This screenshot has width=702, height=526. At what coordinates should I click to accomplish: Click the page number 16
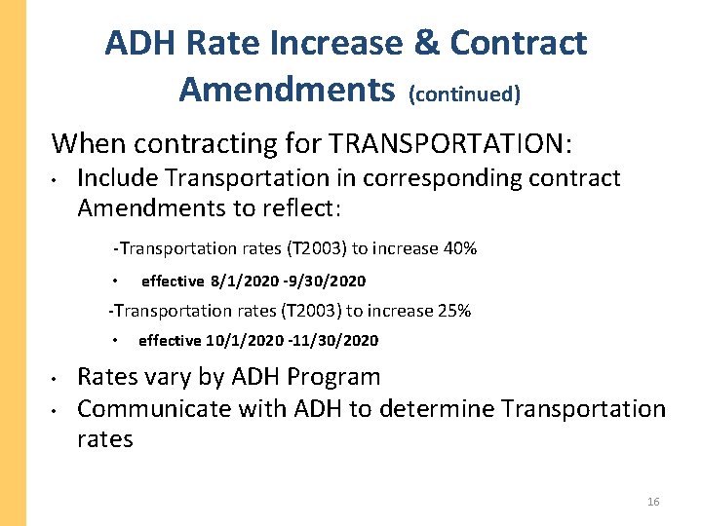(653, 502)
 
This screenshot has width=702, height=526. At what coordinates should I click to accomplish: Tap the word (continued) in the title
(465, 94)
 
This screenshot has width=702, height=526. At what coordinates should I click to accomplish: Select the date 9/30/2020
(329, 282)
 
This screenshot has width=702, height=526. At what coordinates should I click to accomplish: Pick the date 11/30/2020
(337, 341)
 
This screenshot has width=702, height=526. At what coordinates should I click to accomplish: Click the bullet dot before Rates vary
(58, 378)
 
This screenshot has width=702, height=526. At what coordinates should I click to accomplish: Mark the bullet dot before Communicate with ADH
(58, 409)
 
